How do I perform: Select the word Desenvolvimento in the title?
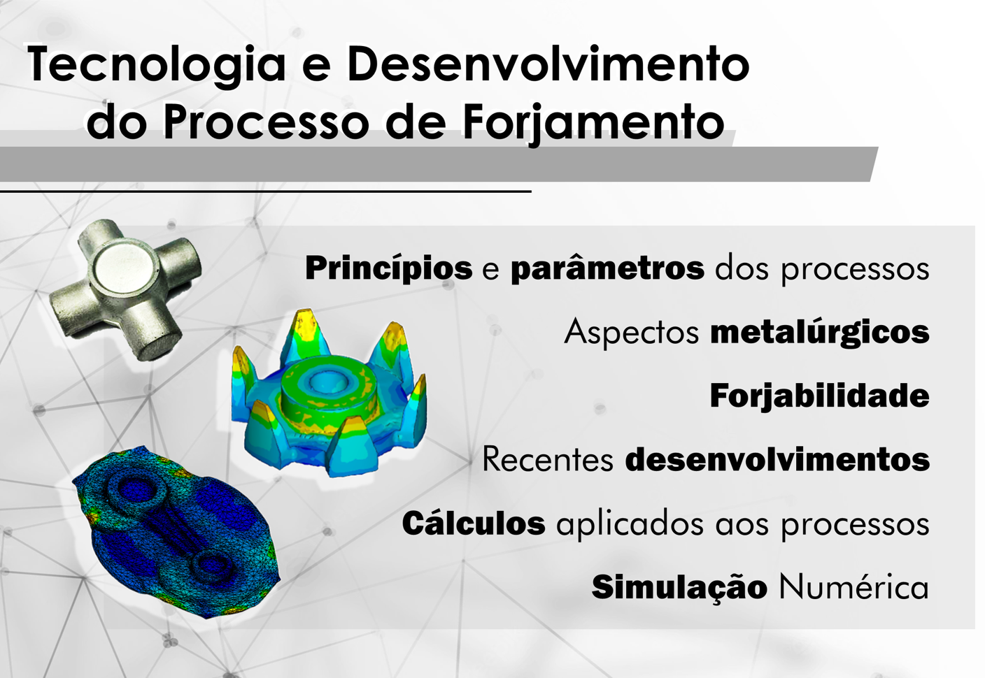(x=548, y=64)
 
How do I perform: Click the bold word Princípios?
(x=388, y=268)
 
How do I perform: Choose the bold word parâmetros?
(x=607, y=268)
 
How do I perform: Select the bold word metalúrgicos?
(x=819, y=333)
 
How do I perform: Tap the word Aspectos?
(x=631, y=333)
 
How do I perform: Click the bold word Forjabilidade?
(x=819, y=396)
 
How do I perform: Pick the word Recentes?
(x=547, y=460)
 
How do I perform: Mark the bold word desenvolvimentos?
(x=777, y=460)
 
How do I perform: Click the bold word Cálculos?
(x=473, y=524)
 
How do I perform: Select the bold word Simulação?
(x=679, y=587)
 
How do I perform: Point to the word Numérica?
(x=853, y=587)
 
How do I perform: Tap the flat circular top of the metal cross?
(x=125, y=266)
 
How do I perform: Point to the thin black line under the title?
(x=266, y=190)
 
